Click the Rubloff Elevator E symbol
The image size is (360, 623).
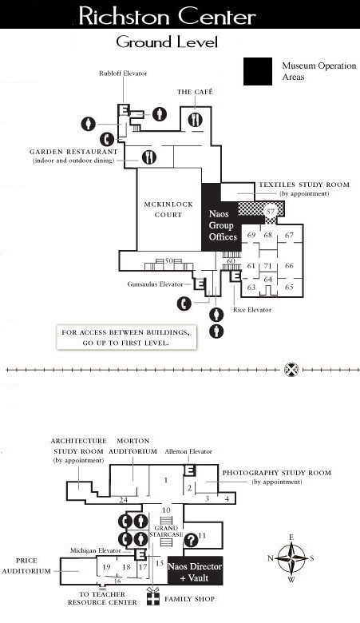(124, 109)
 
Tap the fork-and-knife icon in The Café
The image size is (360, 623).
(195, 119)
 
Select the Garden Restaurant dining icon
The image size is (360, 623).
(148, 157)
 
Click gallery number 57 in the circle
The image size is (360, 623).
(271, 212)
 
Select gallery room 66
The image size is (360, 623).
(289, 265)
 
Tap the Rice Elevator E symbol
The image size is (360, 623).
(235, 276)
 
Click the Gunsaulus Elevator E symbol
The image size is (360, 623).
(200, 284)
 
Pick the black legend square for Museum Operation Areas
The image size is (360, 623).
(258, 72)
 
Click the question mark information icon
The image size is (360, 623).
(191, 540)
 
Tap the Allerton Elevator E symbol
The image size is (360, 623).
(190, 470)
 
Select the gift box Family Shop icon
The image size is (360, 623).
(152, 597)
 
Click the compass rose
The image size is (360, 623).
(291, 558)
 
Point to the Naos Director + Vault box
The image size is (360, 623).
(195, 571)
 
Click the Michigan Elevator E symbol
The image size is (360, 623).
(140, 554)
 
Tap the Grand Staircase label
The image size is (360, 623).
(166, 531)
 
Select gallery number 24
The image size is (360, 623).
(123, 500)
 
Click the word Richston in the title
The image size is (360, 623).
(125, 17)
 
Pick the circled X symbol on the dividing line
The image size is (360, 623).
(291, 370)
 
